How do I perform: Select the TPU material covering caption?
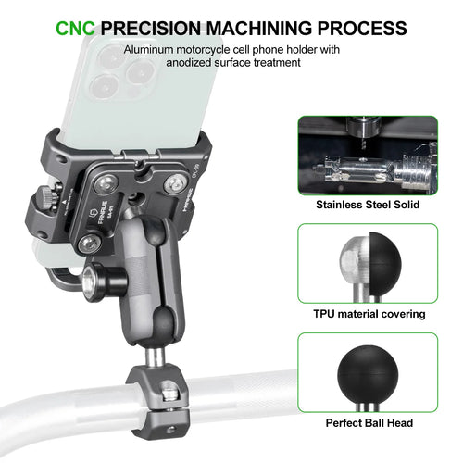[x=369, y=314]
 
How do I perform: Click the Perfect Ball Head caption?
[x=369, y=424]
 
